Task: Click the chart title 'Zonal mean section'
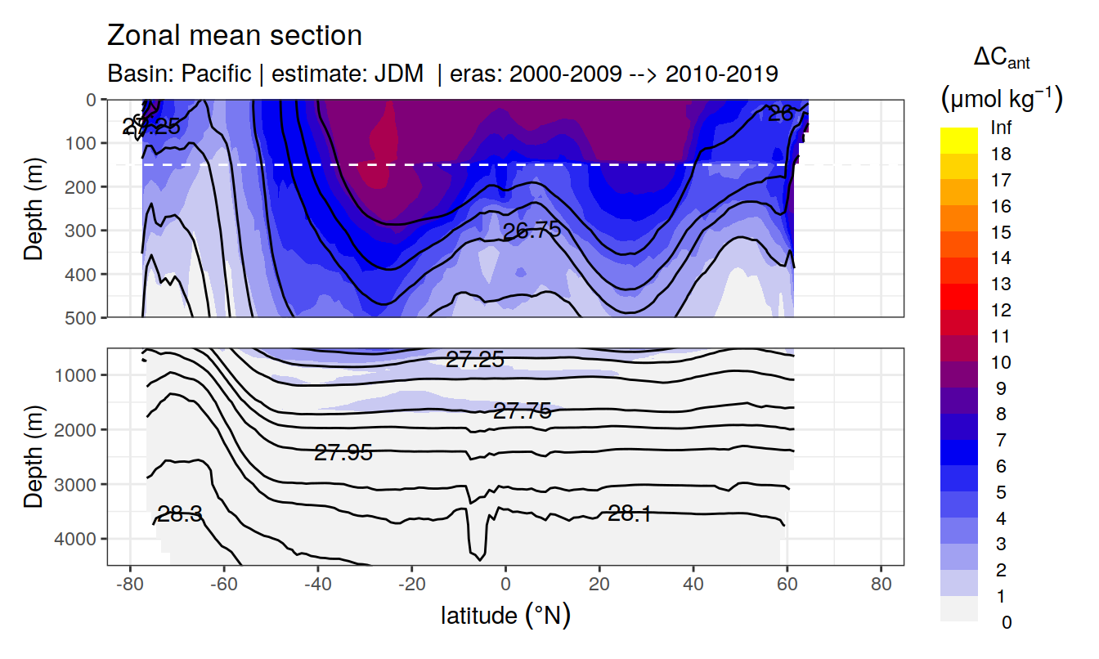tap(234, 36)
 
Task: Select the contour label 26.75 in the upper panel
tap(532, 231)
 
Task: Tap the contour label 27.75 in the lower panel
tap(522, 411)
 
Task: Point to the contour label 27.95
tap(343, 452)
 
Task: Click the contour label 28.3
tap(180, 514)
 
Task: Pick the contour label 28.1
tap(630, 513)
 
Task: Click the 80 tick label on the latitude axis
tap(881, 586)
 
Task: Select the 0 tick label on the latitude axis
tap(505, 586)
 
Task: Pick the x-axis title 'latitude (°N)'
tap(505, 615)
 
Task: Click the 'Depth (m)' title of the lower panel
tap(34, 456)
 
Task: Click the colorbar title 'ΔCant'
tap(1002, 59)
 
